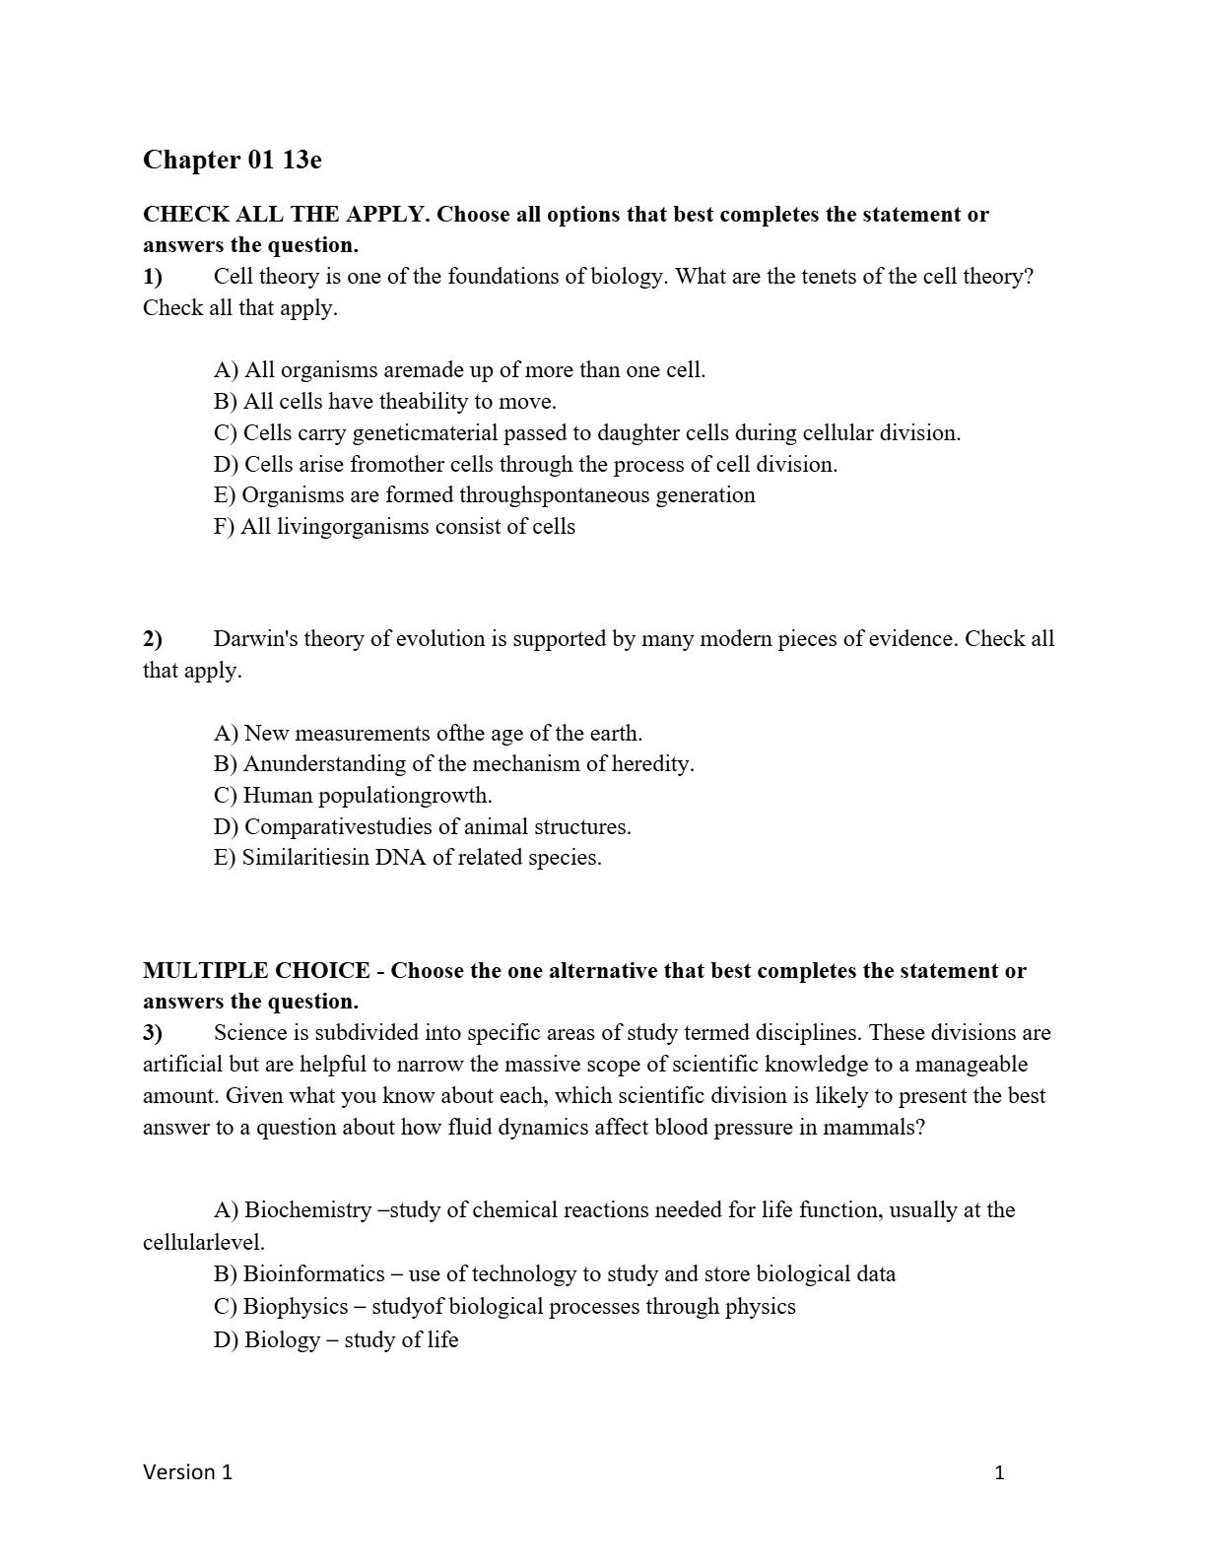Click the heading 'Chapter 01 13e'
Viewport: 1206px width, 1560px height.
pyautogui.click(x=232, y=160)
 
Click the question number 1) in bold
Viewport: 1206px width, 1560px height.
pyautogui.click(x=153, y=277)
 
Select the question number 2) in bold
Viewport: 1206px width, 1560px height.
pyautogui.click(x=153, y=639)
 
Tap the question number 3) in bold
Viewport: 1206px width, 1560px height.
pyautogui.click(x=153, y=1033)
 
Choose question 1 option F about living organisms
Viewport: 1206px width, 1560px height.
pyautogui.click(x=394, y=527)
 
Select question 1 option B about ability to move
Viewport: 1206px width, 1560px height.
pyautogui.click(x=384, y=402)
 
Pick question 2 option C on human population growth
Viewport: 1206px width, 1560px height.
pyautogui.click(x=353, y=796)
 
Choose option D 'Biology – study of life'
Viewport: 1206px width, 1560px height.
pyautogui.click(x=336, y=1340)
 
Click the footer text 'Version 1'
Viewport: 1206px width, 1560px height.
pyautogui.click(x=187, y=1472)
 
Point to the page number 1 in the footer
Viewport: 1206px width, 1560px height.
pyautogui.click(x=999, y=1473)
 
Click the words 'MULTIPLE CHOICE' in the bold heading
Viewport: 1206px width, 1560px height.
pyautogui.click(x=256, y=971)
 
